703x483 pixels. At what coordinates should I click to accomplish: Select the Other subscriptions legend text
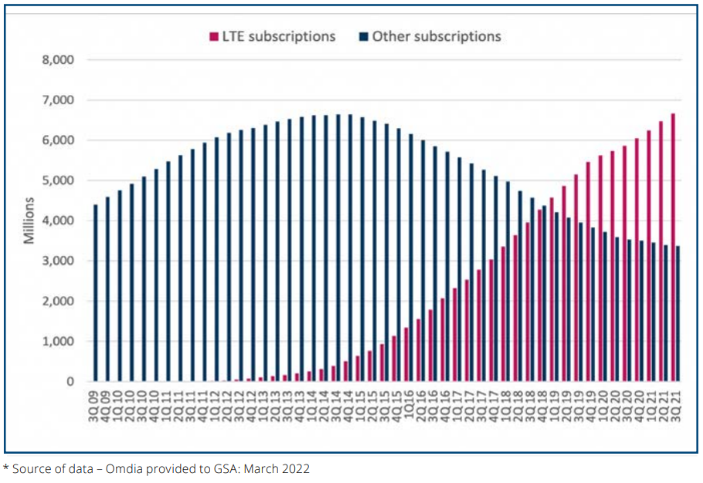point(436,36)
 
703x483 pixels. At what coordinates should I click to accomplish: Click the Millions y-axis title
point(29,221)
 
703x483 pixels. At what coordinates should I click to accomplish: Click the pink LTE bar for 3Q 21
point(673,247)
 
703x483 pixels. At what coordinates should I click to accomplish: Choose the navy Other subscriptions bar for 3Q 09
point(96,293)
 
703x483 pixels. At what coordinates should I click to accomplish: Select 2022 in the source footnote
point(294,468)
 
